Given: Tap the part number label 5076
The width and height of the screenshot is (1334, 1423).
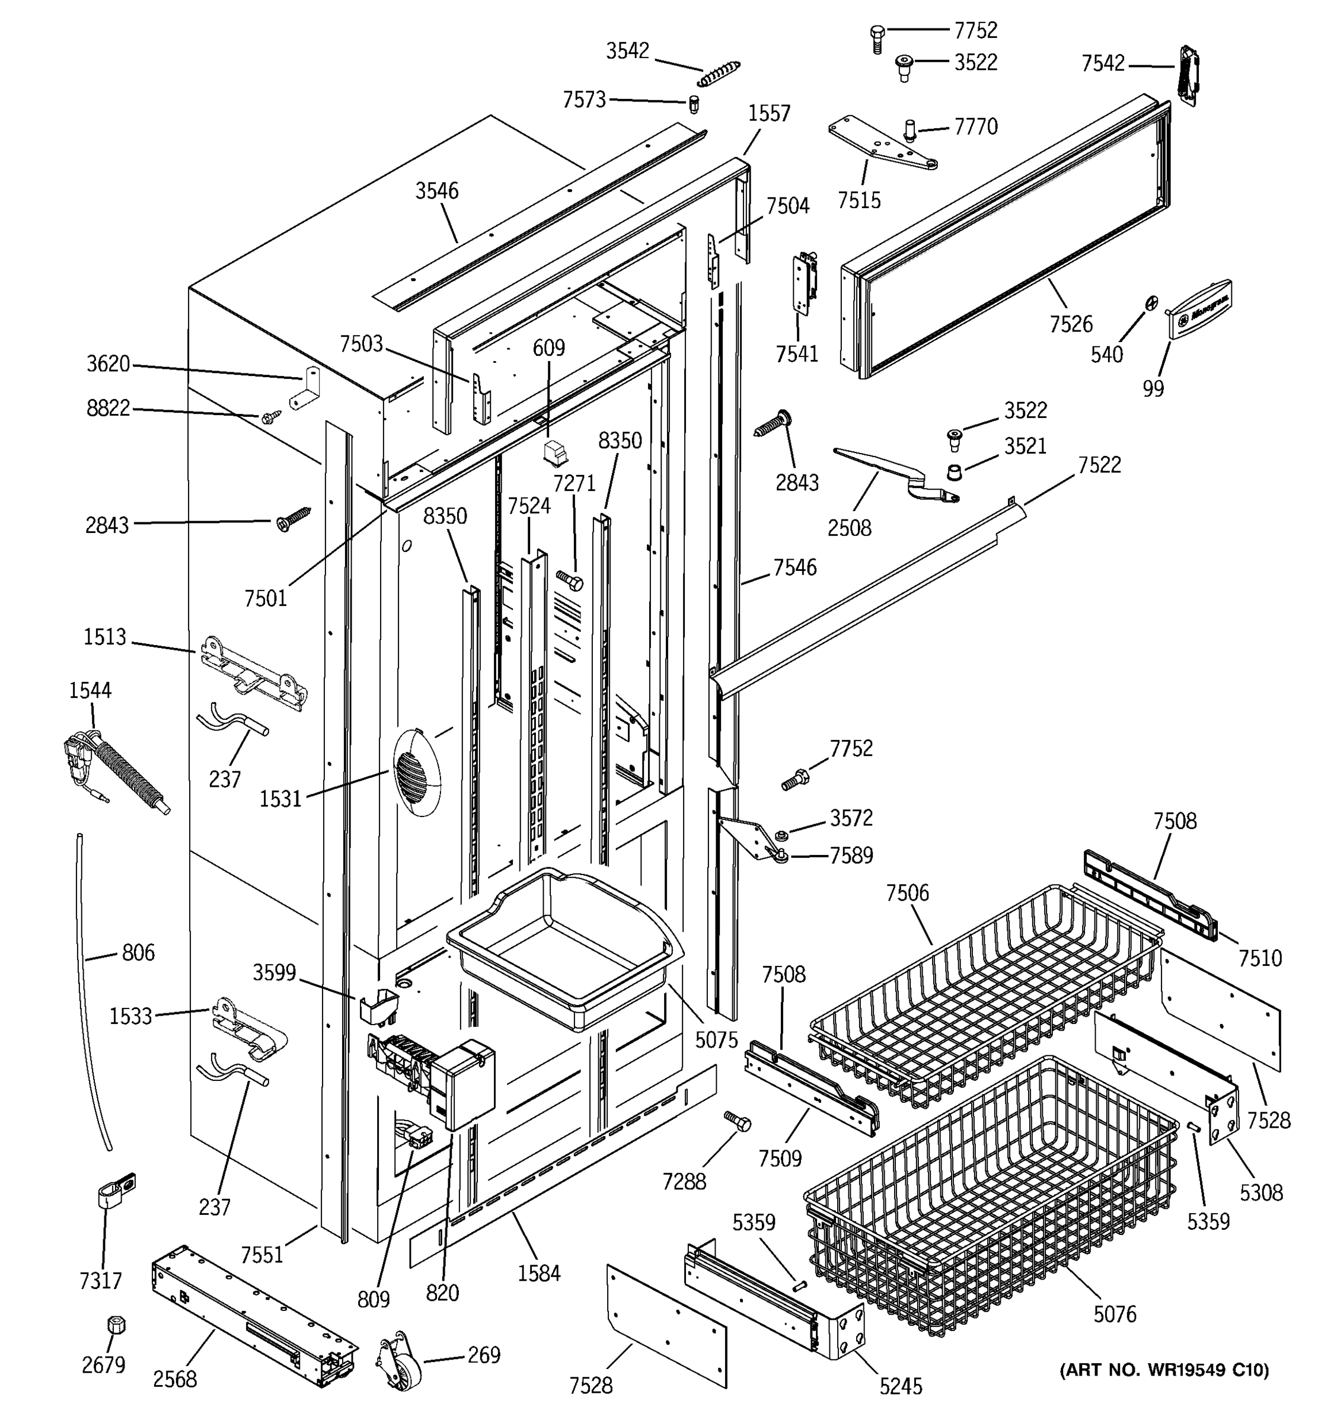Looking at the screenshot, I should (x=1114, y=1313).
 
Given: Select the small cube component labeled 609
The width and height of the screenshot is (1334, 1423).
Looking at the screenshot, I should (x=554, y=452).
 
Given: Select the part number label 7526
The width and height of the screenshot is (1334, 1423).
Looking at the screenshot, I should (x=1071, y=324).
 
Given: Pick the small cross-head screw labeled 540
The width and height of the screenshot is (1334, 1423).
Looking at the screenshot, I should (x=1150, y=304).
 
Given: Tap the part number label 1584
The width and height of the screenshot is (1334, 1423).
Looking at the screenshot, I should (x=538, y=1272).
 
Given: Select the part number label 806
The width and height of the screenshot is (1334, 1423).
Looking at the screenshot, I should (x=138, y=952).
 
